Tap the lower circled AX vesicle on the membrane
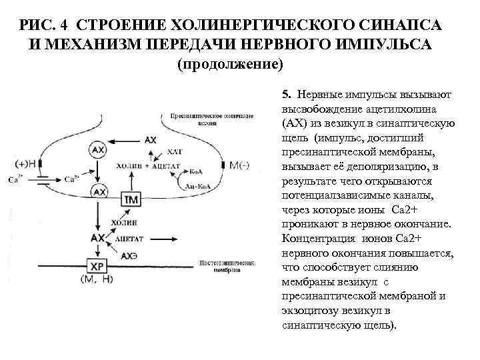point(99,192)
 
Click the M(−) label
point(238,165)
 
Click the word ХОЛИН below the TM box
point(124,223)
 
